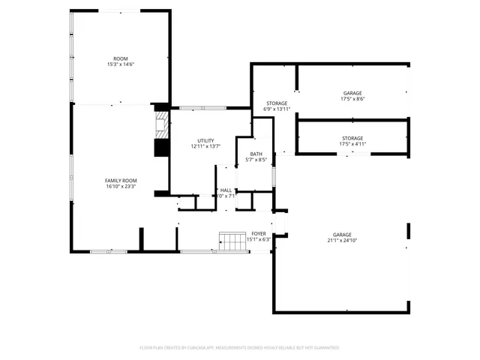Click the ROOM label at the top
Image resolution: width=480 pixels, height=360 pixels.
point(121,58)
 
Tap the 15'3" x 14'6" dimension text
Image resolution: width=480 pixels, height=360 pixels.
point(121,64)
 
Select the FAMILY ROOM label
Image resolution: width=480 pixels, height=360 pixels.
point(121,181)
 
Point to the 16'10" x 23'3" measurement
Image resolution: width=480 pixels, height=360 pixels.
point(121,187)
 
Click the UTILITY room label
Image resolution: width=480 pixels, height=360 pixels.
point(205,140)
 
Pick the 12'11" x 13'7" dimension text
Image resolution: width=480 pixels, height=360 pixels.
point(205,146)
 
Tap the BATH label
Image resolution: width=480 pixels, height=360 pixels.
point(256,154)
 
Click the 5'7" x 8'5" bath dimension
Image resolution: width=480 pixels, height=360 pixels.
point(256,160)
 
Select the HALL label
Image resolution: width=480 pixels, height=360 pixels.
point(226,190)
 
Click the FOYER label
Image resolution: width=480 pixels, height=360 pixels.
point(259,234)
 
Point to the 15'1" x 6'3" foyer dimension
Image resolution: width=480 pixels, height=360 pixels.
point(259,240)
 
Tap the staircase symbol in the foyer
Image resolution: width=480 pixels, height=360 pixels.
point(232,241)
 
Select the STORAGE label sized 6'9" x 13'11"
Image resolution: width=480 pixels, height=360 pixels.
point(277,103)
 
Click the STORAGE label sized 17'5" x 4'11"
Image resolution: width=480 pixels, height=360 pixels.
point(352,138)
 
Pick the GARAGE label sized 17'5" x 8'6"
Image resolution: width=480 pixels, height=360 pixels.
point(352,93)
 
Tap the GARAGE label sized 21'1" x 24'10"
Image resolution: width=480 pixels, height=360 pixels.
point(342,235)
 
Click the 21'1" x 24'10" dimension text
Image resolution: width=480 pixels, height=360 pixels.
point(342,241)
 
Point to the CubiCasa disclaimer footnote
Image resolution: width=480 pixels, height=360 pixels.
point(240,347)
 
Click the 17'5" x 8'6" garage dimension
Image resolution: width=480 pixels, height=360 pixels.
point(352,99)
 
